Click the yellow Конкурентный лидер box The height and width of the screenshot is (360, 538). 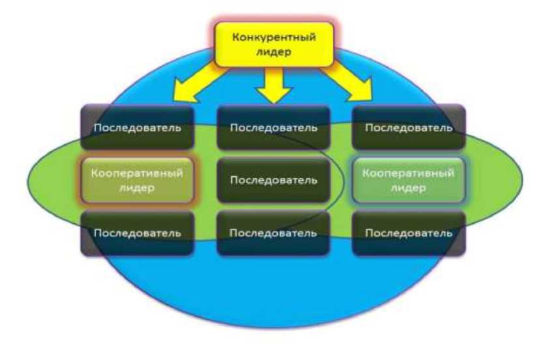tap(274, 44)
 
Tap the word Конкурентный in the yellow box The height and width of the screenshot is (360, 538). tap(274, 37)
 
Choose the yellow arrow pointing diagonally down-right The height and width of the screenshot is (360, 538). tap(349, 82)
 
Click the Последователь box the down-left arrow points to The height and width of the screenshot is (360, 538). tap(137, 127)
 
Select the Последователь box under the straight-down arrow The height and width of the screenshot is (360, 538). tap(274, 127)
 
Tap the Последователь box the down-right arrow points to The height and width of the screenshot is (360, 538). tap(409, 127)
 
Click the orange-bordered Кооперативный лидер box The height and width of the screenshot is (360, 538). tap(137, 180)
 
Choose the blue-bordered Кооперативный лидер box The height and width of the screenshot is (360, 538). tap(409, 180)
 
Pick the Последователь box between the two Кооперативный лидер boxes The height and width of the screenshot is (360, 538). tap(274, 180)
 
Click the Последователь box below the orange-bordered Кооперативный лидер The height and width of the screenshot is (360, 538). tap(137, 233)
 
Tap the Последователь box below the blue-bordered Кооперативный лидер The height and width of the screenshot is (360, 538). tap(409, 233)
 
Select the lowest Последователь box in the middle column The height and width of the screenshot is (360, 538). tap(274, 233)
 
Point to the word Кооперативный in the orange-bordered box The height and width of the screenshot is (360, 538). tap(137, 173)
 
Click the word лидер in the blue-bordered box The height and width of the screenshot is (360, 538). tap(409, 188)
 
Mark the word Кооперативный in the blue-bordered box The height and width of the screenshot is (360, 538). tap(409, 173)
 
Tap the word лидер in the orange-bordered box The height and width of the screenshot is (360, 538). tap(137, 188)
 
